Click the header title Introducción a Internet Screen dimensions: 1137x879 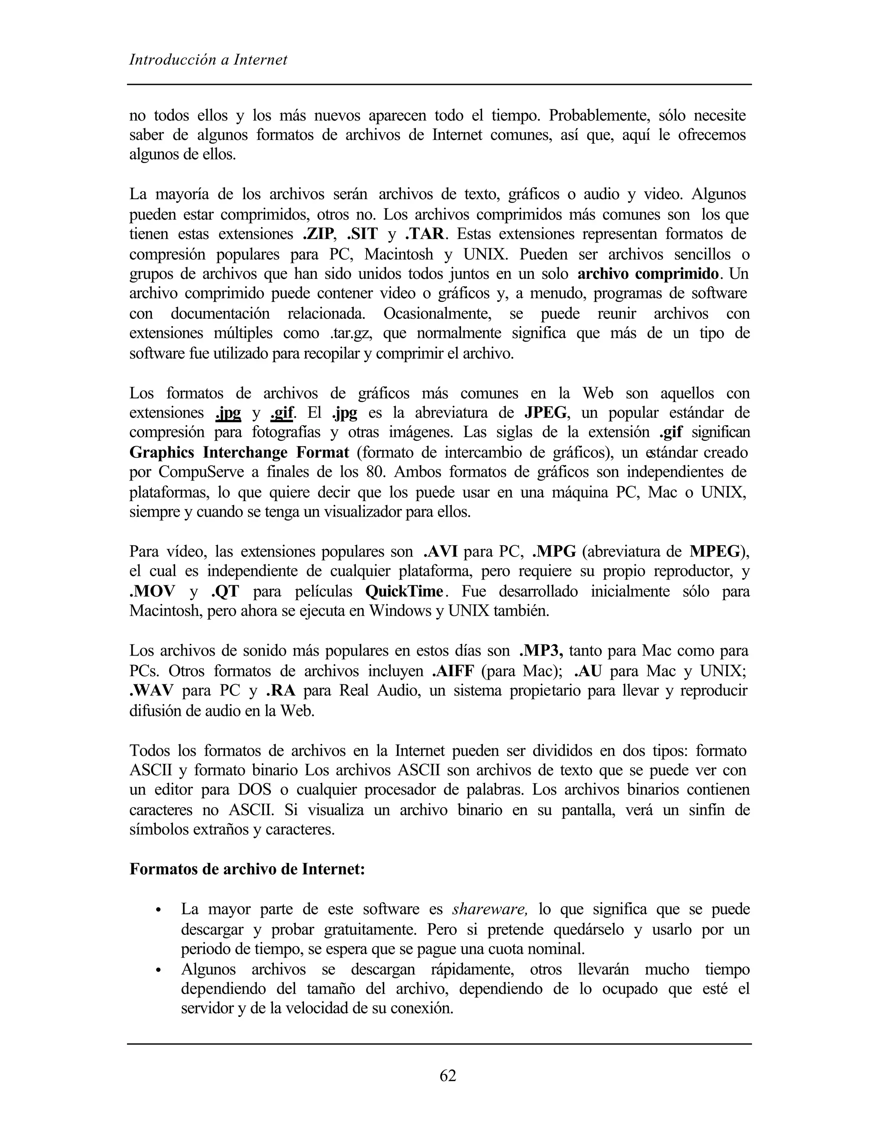208,60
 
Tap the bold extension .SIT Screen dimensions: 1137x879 362,234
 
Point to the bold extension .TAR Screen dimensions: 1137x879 425,234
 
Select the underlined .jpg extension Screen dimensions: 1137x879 227,413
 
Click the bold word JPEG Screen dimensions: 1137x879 545,413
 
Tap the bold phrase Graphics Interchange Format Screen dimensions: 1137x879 239,452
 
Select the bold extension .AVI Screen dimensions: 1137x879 440,551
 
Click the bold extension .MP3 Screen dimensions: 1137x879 542,651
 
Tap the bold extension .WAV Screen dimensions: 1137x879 152,691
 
